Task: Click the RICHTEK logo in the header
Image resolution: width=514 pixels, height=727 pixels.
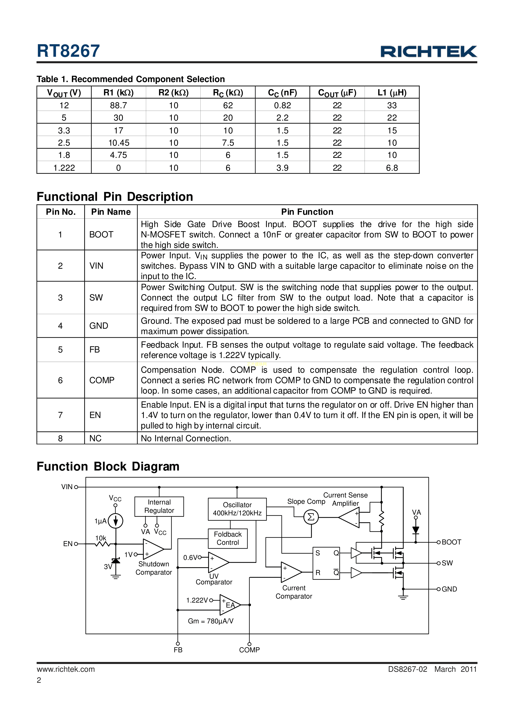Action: pyautogui.click(x=428, y=52)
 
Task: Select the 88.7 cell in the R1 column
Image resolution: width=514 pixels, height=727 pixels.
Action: pyautogui.click(x=118, y=105)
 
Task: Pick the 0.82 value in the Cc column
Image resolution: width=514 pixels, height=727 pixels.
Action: pyautogui.click(x=282, y=105)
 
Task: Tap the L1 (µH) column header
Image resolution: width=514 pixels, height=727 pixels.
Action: pyautogui.click(x=392, y=92)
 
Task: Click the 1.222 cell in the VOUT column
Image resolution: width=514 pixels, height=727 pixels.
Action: pyautogui.click(x=64, y=168)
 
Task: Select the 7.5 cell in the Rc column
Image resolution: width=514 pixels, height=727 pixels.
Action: pyautogui.click(x=228, y=143)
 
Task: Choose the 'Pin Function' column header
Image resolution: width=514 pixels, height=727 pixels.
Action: pyautogui.click(x=307, y=212)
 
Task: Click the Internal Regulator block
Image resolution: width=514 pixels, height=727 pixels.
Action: pyautogui.click(x=159, y=506)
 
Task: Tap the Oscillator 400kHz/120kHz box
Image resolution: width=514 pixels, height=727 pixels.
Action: pyautogui.click(x=237, y=509)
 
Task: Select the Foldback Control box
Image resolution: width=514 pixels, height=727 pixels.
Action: pyautogui.click(x=228, y=538)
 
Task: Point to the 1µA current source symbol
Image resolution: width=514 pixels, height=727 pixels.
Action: pyautogui.click(x=116, y=521)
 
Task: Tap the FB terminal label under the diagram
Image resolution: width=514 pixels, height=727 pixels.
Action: pyautogui.click(x=178, y=650)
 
